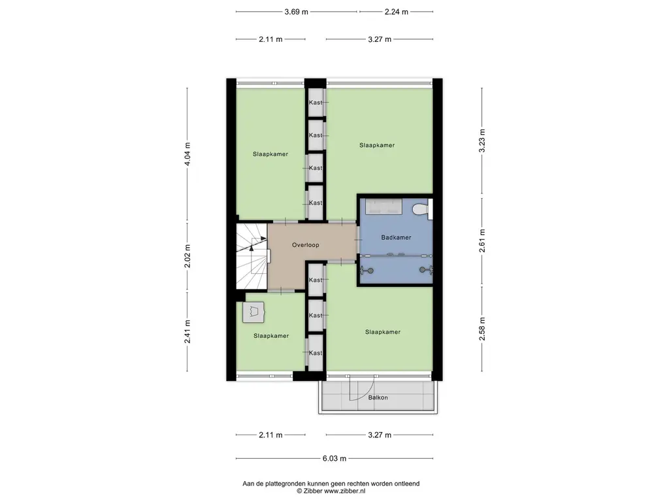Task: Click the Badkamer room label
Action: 396,237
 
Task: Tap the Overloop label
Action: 306,245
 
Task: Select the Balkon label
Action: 378,397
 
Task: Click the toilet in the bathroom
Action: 421,209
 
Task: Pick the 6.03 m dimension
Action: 334,458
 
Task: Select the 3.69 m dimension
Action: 296,12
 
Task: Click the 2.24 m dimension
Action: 397,12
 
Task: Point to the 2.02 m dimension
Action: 188,256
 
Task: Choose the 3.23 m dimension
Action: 482,141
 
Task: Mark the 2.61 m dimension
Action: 482,241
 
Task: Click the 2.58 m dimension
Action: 482,329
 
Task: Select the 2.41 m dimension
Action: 188,331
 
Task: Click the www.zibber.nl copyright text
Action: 331,492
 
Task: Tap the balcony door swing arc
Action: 367,393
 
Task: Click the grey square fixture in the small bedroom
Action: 253,312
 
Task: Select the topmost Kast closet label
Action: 316,103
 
